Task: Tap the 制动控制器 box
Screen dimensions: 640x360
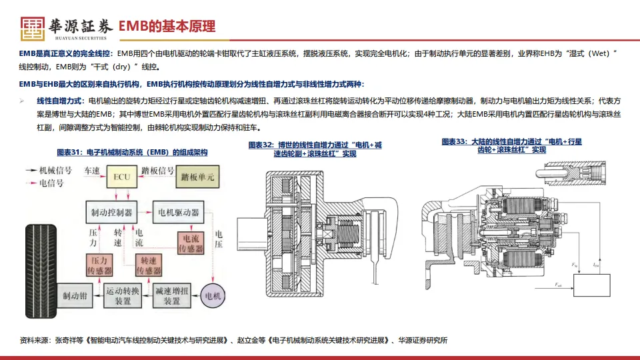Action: [x=111, y=212]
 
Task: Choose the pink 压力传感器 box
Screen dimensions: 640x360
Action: [x=100, y=265]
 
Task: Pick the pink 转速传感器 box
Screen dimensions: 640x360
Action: [x=149, y=265]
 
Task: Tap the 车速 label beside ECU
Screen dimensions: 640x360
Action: [x=92, y=171]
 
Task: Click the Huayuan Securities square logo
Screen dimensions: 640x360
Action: [x=31, y=27]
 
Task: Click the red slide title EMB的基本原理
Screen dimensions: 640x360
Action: [x=167, y=27]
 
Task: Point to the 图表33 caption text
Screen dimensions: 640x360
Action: [x=503, y=145]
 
